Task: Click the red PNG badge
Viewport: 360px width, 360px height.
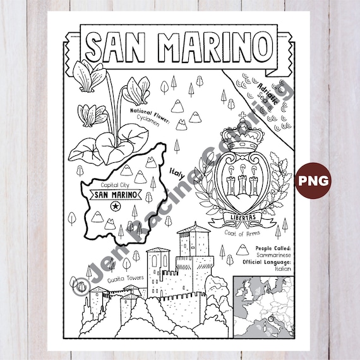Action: pyautogui.click(x=314, y=180)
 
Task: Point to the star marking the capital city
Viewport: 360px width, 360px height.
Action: pyautogui.click(x=115, y=207)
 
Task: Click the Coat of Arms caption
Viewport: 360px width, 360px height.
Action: pyautogui.click(x=241, y=234)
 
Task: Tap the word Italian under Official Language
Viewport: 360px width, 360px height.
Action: pyautogui.click(x=282, y=268)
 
